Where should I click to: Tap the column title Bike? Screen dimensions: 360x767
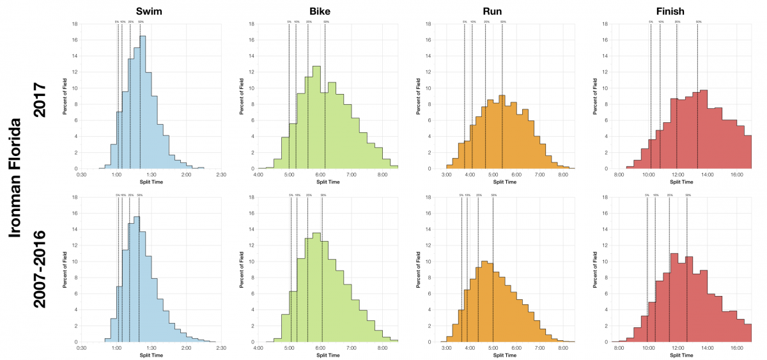click(x=328, y=11)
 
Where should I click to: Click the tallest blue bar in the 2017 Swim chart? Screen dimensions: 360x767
click(x=143, y=102)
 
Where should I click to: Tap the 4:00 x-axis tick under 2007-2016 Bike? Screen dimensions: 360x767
click(x=258, y=348)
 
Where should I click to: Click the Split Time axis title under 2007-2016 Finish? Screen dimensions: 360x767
click(x=679, y=355)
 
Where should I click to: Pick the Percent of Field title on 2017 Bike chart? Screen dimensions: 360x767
click(x=242, y=96)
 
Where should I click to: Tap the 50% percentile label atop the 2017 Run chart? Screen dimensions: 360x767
click(x=503, y=22)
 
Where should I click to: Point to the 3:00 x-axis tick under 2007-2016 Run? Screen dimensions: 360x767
click(x=446, y=348)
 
